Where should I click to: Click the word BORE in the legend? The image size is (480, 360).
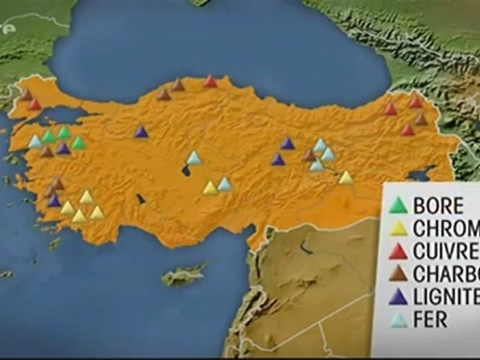click(438, 205)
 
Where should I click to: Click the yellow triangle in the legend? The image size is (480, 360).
click(399, 228)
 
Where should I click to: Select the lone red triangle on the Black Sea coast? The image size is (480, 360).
click(211, 82)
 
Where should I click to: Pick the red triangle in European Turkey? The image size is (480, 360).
click(35, 105)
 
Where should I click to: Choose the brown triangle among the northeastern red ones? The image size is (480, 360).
click(421, 120)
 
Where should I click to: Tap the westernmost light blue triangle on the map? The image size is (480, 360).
click(35, 142)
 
